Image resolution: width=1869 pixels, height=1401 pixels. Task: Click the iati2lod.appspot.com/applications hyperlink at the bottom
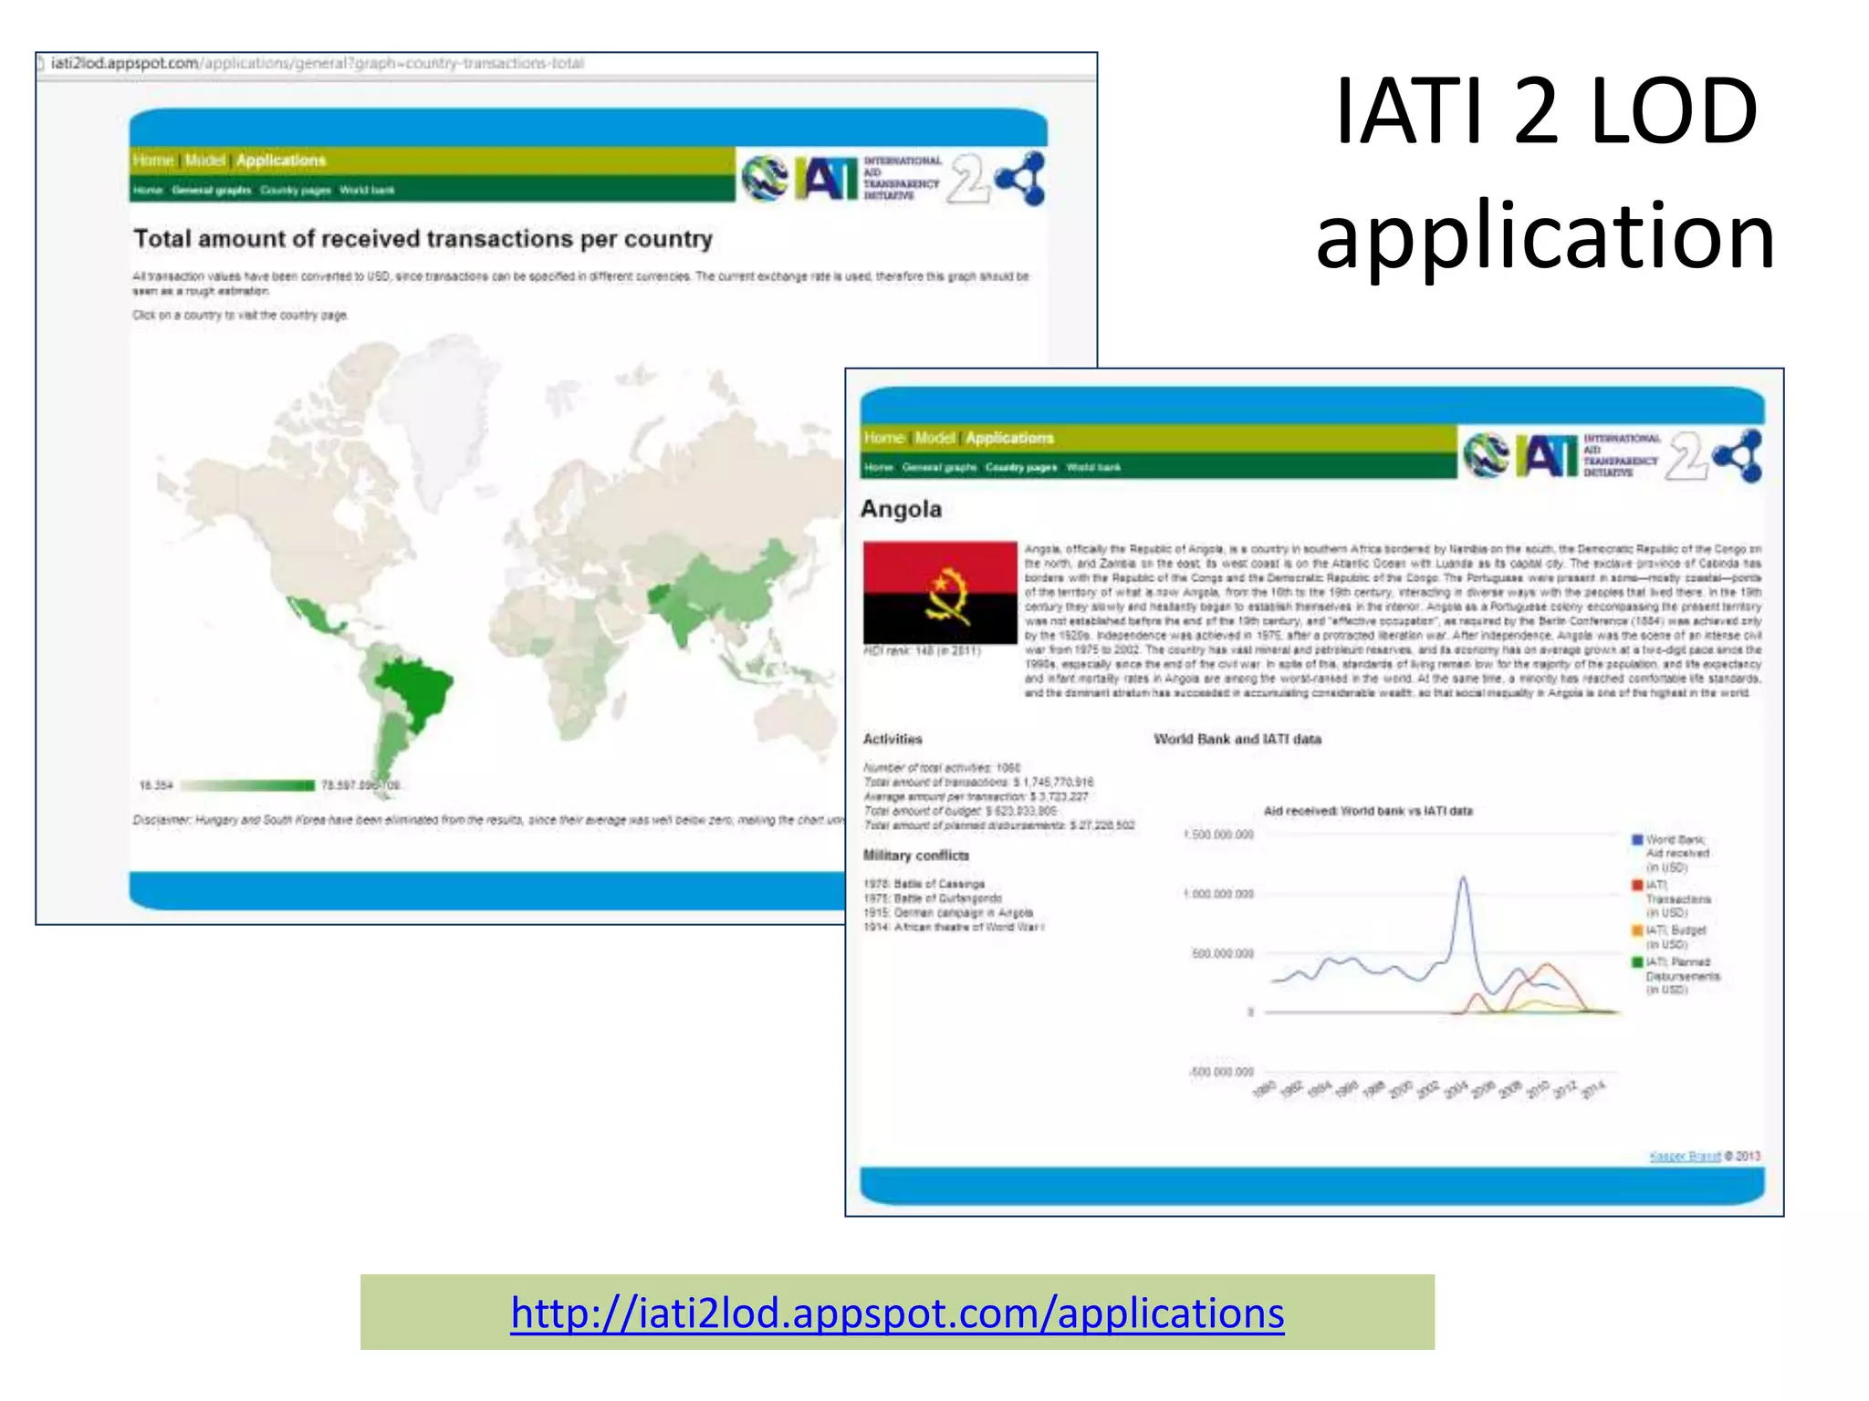click(x=897, y=1313)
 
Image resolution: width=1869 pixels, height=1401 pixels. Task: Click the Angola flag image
click(x=940, y=593)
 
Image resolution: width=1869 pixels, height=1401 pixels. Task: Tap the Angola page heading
click(x=901, y=509)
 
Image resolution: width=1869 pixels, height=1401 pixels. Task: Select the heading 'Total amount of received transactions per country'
click(x=423, y=239)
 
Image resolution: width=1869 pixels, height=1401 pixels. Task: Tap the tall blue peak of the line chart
click(x=1463, y=881)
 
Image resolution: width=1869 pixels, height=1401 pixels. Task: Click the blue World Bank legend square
click(x=1637, y=839)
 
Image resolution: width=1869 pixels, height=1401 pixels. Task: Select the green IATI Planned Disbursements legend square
click(x=1637, y=961)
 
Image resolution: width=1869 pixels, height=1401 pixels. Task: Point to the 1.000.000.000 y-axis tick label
click(x=1218, y=894)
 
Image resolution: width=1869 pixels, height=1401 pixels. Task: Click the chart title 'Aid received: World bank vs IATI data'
click(x=1367, y=811)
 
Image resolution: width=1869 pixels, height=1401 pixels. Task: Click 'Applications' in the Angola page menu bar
click(x=1009, y=438)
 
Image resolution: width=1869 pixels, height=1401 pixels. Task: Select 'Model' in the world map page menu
click(x=204, y=161)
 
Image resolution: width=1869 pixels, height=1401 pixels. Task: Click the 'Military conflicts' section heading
click(x=916, y=856)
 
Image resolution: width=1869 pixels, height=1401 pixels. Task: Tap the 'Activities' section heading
click(x=893, y=739)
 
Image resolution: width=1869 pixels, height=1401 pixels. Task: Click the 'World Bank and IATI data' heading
click(x=1237, y=739)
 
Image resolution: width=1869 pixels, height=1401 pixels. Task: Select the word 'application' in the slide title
click(x=1545, y=235)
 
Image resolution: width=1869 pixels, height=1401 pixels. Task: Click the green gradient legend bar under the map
click(x=247, y=785)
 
